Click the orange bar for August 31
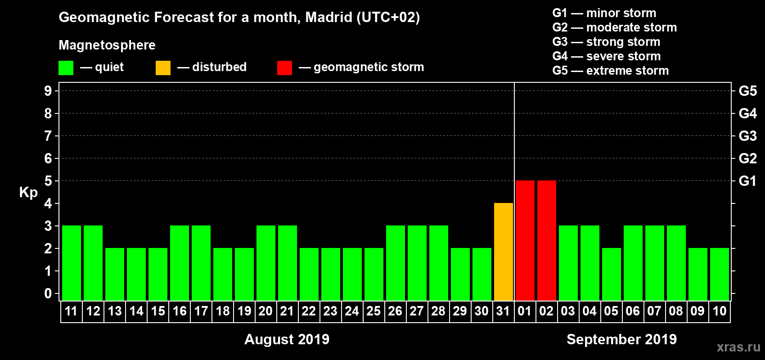(504, 252)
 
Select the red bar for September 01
(525, 240)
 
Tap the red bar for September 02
(547, 240)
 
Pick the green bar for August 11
(72, 263)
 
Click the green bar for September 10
(720, 274)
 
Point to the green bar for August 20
(266, 263)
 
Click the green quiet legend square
(66, 68)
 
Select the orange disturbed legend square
(163, 68)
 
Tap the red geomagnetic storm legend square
(284, 68)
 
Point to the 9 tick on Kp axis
(48, 91)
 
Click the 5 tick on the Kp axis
(48, 181)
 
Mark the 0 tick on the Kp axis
(48, 293)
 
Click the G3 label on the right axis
(747, 136)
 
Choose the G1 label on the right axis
(747, 181)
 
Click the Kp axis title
(28, 193)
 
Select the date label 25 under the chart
(373, 311)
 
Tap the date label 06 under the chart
(633, 311)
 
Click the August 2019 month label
(287, 339)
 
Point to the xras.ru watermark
(738, 346)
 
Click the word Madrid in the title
(329, 17)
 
